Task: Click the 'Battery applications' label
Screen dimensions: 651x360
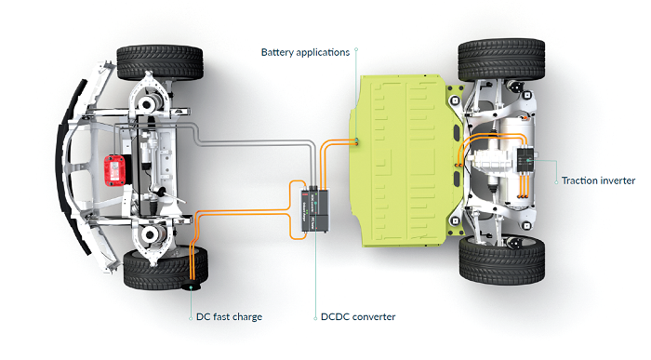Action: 305,53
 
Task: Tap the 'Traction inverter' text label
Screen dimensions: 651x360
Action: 598,180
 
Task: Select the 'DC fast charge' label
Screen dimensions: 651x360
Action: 229,317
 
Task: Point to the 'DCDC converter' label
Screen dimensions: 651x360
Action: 358,317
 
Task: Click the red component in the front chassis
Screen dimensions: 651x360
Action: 114,170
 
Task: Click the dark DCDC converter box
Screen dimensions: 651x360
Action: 315,210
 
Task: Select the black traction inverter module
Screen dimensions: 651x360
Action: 525,160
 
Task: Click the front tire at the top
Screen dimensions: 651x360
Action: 160,62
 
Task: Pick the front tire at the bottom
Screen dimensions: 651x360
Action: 166,268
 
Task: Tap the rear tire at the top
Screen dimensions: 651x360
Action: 501,60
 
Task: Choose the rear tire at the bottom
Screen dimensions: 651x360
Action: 502,260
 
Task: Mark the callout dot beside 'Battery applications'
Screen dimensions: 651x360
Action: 356,49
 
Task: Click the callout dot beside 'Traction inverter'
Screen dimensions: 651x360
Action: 556,182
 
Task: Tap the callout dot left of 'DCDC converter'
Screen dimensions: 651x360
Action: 315,318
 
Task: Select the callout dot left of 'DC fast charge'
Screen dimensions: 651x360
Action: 191,318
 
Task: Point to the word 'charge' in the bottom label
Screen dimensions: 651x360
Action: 247,317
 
